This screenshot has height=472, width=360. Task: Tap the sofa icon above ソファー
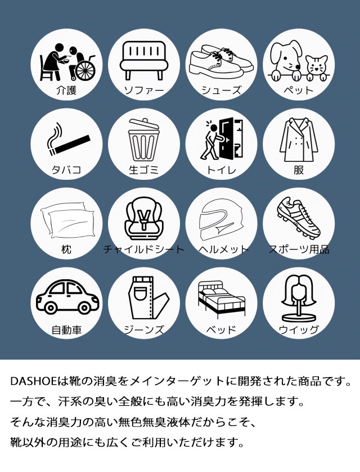pos(144,60)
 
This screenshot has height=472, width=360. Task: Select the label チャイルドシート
pos(144,249)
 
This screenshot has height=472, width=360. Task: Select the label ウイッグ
pos(299,329)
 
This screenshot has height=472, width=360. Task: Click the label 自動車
pos(66,329)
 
